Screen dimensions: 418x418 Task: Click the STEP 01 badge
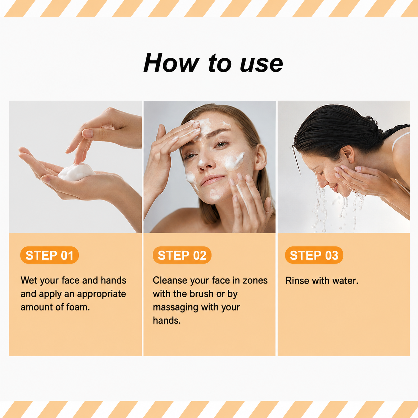point(49,255)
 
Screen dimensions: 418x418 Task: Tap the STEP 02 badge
point(182,255)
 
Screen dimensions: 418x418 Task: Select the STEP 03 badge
point(314,255)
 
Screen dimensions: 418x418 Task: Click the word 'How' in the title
point(171,63)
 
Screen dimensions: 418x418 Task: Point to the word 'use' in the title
point(261,65)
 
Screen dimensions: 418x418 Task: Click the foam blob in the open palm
point(76,172)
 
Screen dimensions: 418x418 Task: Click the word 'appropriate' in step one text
point(102,294)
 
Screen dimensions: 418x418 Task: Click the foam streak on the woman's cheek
point(234,161)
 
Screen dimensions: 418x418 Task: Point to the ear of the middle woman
point(260,157)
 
